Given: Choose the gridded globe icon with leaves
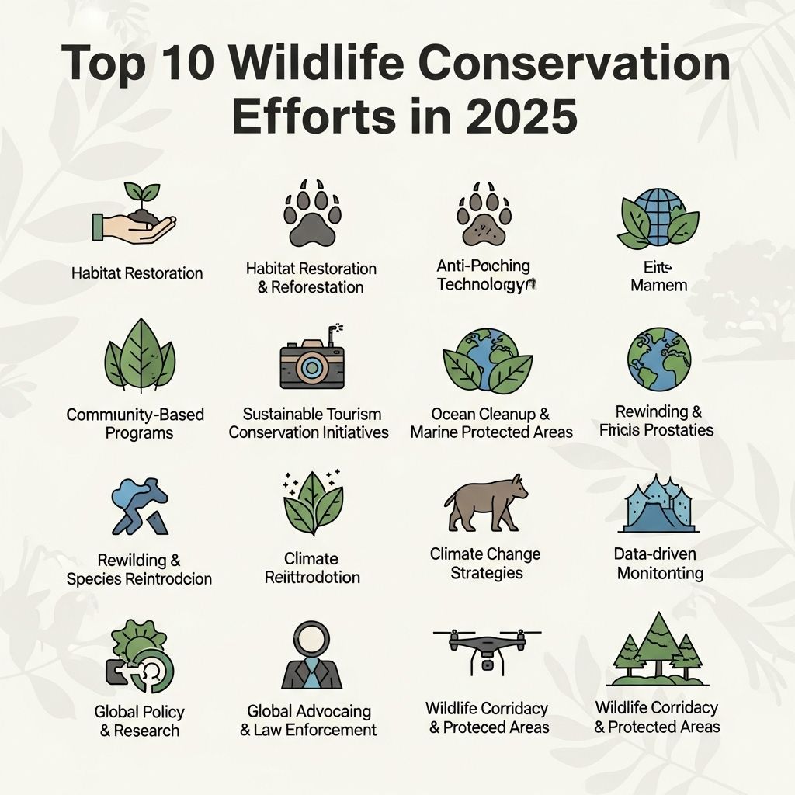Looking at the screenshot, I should (x=658, y=215).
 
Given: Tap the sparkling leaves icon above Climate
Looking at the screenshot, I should (x=313, y=505).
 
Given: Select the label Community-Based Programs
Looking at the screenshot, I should (x=135, y=423).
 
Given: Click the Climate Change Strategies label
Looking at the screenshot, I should (x=485, y=564).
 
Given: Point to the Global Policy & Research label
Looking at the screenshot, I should (x=138, y=720).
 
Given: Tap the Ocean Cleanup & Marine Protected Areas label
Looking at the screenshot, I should (x=491, y=423).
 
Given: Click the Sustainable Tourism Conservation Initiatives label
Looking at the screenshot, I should (x=309, y=423).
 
